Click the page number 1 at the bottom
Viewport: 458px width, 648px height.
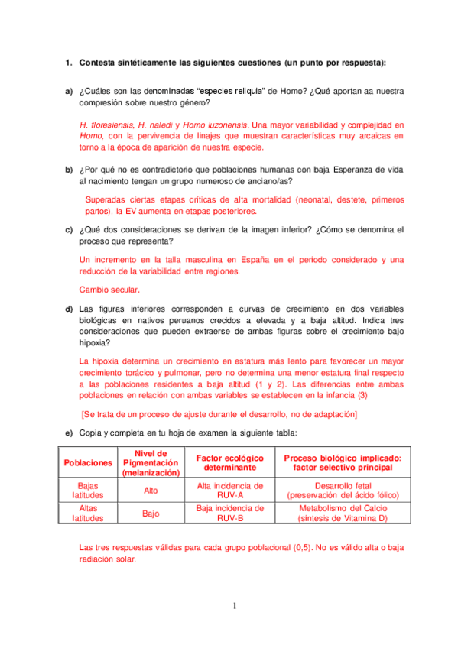click(x=235, y=607)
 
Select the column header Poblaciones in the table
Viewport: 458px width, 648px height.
click(x=88, y=463)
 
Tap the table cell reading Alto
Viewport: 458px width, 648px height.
click(x=151, y=490)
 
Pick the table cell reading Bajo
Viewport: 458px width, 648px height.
click(x=151, y=514)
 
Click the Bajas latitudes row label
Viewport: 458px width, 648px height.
click(x=88, y=490)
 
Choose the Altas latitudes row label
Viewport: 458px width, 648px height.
click(x=88, y=513)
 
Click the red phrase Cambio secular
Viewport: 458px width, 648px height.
click(x=109, y=290)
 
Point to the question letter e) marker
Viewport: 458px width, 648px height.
click(x=68, y=433)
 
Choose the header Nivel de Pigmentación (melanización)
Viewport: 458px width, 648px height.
click(x=151, y=463)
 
